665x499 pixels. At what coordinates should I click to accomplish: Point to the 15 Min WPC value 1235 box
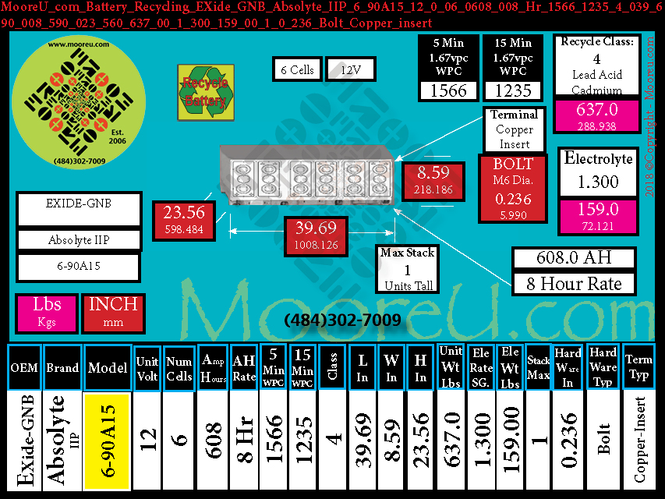[513, 90]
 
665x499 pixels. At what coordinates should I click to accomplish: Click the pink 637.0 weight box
[596, 115]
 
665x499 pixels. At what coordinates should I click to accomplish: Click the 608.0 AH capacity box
[574, 258]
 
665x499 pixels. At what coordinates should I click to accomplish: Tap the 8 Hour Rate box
[574, 283]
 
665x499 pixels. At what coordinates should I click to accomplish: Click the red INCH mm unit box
[113, 312]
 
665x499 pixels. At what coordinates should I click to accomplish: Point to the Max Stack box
[408, 269]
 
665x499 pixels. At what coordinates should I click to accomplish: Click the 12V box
[350, 69]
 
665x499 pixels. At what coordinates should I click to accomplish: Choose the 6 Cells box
[297, 69]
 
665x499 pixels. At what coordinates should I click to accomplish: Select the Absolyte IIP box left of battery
[78, 240]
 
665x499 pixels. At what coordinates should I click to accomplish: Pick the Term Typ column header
[639, 366]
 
